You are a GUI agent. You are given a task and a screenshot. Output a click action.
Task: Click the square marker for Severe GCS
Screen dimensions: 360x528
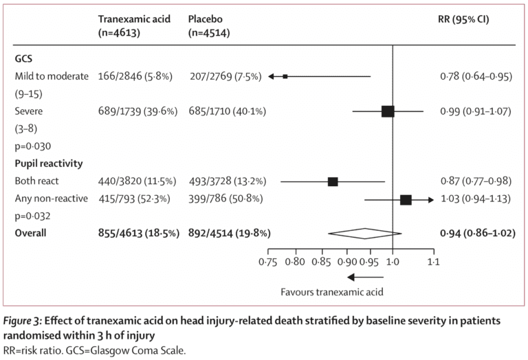coord(388,111)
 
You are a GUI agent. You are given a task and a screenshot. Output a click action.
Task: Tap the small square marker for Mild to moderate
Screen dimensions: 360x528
coord(285,76)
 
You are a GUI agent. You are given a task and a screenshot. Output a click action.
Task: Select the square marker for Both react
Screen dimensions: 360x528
coord(333,181)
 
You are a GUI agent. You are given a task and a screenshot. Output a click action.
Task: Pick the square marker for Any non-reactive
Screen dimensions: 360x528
coord(406,199)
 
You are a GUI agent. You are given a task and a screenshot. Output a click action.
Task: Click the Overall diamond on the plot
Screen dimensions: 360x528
coord(364,233)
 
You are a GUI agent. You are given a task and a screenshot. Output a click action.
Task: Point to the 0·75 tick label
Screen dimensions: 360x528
coord(268,262)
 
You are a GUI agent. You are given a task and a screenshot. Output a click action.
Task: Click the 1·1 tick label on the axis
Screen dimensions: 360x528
coord(434,262)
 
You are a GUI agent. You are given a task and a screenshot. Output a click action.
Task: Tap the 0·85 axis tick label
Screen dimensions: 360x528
coord(323,262)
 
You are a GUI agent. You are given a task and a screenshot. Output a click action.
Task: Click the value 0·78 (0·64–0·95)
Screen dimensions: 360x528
coord(475,76)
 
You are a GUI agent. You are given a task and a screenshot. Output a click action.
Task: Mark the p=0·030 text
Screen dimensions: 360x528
coord(34,146)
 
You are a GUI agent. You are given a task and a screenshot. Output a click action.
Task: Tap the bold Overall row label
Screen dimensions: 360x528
coord(31,233)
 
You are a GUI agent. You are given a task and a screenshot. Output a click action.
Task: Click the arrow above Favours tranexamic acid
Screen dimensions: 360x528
coord(364,276)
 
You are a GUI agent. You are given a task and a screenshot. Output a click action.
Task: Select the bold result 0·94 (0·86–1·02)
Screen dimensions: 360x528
coord(477,233)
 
